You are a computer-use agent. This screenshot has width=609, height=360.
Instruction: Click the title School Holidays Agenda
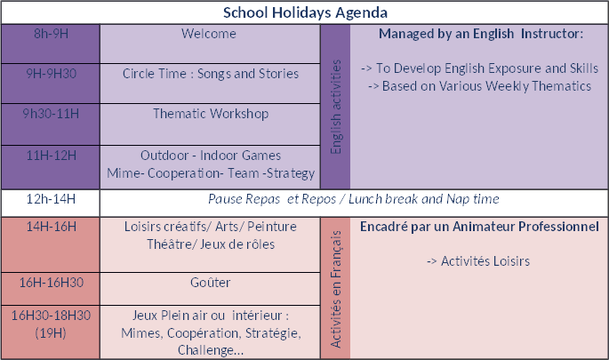(305, 12)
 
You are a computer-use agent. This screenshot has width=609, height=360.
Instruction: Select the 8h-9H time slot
(51, 34)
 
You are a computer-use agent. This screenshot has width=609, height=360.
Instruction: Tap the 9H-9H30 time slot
(51, 74)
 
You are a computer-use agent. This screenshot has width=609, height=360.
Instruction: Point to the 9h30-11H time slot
(51, 114)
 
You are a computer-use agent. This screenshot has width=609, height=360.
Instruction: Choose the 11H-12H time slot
(51, 156)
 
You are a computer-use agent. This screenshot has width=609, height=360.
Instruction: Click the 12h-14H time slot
(51, 199)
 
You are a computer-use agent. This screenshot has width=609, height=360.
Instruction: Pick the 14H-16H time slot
(51, 227)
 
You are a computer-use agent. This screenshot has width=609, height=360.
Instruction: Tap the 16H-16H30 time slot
(51, 283)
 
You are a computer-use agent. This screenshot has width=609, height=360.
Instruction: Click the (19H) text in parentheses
(51, 333)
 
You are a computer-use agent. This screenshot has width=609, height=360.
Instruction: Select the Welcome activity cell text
(209, 34)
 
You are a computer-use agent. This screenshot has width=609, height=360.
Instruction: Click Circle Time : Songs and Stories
(211, 74)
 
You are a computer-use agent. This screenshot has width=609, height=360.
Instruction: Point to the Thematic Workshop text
(211, 114)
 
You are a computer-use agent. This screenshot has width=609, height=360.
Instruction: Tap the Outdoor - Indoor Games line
(211, 156)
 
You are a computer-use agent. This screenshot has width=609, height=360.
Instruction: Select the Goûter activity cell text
(210, 283)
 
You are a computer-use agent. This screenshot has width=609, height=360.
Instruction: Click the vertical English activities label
(335, 107)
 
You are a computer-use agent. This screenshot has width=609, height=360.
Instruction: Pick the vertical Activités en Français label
(335, 289)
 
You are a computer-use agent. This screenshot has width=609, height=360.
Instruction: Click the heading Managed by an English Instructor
(481, 34)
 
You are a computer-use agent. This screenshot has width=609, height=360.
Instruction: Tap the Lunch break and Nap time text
(424, 199)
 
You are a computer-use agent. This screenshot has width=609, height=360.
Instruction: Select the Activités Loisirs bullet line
(478, 261)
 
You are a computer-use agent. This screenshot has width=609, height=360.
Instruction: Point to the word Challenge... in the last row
(211, 350)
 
